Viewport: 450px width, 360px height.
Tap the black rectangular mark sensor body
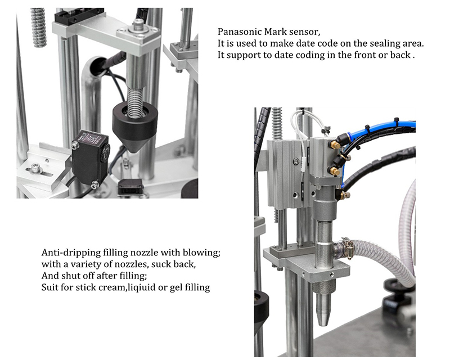click(90, 159)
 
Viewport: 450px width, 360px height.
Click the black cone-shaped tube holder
click(134, 125)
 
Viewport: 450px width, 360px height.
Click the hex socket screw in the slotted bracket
click(35, 167)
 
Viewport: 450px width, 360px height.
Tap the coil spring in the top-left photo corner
click(38, 27)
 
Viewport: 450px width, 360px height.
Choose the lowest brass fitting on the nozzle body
click(345, 195)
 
